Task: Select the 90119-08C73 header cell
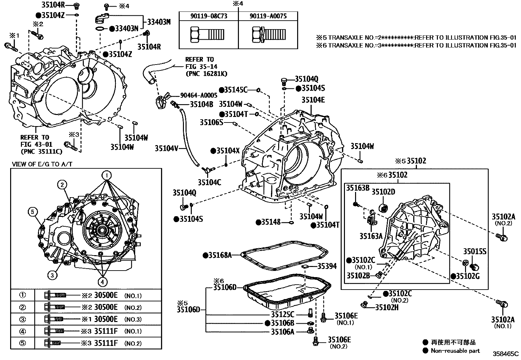(x=208, y=16)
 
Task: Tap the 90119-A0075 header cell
(x=268, y=16)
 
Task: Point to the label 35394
(x=327, y=266)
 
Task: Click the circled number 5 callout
(x=33, y=212)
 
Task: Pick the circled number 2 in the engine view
(x=63, y=184)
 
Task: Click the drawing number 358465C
(x=506, y=354)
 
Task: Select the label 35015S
(x=475, y=252)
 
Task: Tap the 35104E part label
(x=313, y=100)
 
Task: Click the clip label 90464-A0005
(x=199, y=95)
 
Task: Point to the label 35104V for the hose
(x=166, y=148)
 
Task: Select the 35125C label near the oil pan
(x=282, y=314)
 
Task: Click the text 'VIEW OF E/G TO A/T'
(x=42, y=164)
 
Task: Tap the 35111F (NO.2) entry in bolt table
(x=106, y=343)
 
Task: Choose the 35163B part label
(x=358, y=188)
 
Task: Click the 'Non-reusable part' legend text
(x=455, y=351)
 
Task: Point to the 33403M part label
(x=159, y=22)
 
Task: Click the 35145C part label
(x=235, y=90)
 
